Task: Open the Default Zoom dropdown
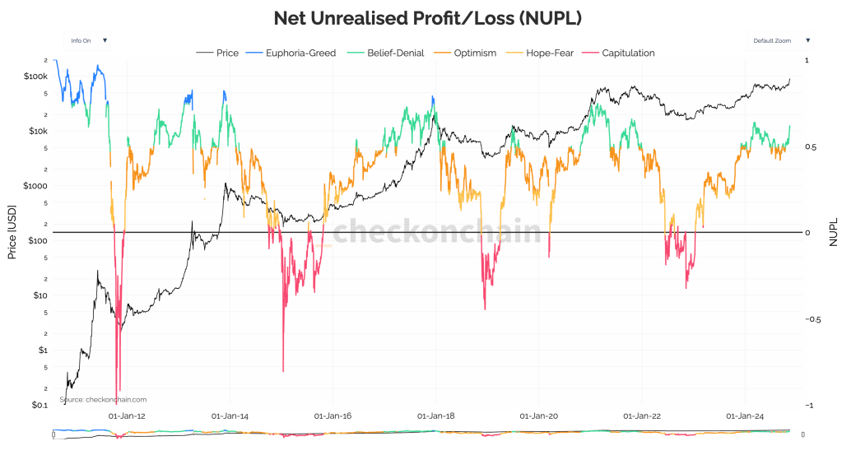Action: [781, 39]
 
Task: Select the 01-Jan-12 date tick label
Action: [128, 416]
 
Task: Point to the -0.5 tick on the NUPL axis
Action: [814, 319]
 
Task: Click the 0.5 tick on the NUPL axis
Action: [811, 147]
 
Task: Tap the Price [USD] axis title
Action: [12, 232]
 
